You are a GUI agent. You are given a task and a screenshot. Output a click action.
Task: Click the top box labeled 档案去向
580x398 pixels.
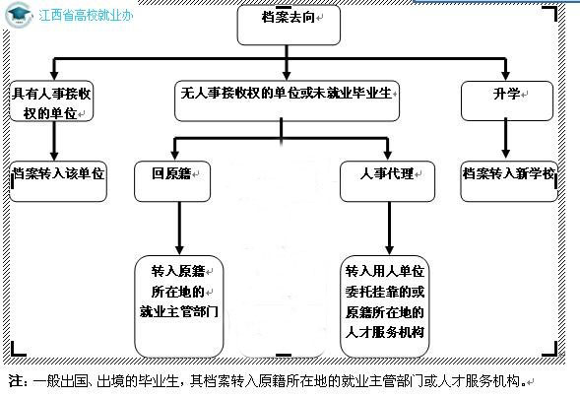pyautogui.click(x=288, y=25)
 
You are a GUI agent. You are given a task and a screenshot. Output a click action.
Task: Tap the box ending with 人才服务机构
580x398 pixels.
pyautogui.click(x=386, y=303)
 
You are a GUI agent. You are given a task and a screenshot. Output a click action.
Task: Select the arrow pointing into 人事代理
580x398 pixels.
pyautogui.click(x=387, y=148)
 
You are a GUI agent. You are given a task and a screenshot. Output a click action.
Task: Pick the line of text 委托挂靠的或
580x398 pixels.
pyautogui.click(x=386, y=291)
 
